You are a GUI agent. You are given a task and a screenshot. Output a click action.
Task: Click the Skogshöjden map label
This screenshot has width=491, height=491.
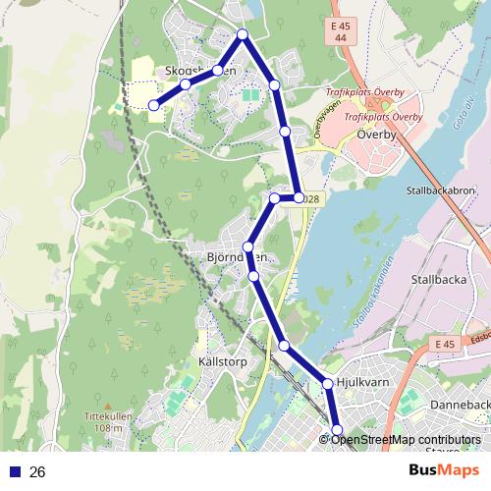201,71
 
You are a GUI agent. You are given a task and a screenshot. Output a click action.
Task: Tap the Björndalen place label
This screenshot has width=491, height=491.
237,257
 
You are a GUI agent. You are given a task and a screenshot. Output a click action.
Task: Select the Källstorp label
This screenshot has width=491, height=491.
222,361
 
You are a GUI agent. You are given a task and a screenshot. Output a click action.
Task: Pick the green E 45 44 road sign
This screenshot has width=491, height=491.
341,30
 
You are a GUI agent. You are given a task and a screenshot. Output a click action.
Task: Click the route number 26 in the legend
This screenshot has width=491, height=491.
37,472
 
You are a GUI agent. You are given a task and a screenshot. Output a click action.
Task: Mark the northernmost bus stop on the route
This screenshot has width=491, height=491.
243,35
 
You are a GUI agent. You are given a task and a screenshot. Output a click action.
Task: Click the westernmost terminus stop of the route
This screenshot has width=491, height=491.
153,105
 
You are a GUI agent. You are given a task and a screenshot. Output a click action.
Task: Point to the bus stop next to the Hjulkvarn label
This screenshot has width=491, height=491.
328,383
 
